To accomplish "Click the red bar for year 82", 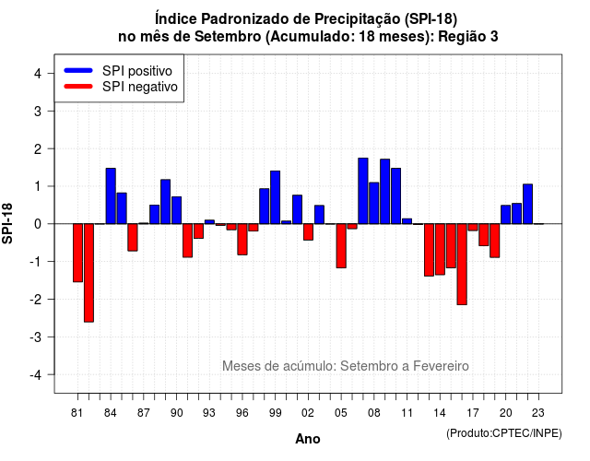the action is (x=88, y=273).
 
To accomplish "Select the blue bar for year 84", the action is (x=111, y=196).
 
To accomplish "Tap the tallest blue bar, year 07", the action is (x=363, y=191).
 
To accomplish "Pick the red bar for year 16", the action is (x=462, y=265).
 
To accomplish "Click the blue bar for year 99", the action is (x=275, y=197).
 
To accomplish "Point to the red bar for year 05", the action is (x=341, y=246).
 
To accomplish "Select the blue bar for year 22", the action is (x=527, y=204).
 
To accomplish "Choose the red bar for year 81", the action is (x=77, y=253).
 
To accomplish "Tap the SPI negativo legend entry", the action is (x=121, y=87).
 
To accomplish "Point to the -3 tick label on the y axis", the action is (x=36, y=337).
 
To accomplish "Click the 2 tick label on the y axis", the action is (x=38, y=149).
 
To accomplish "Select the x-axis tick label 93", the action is (x=209, y=413).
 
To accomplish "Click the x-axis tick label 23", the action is (x=538, y=413).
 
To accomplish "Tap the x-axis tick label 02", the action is (x=308, y=413).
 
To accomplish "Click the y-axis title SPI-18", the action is (x=7, y=223).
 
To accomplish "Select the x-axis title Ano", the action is (x=308, y=439).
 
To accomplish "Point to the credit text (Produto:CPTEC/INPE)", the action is (x=504, y=433).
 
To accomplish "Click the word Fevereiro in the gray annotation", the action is (x=441, y=366).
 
